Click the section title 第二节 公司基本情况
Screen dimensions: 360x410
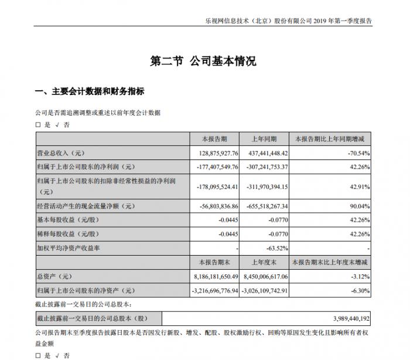pos(204,61)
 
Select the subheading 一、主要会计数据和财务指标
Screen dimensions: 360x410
pos(90,91)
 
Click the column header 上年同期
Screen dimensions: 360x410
pos(268,139)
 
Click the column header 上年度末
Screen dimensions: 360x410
pos(268,261)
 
